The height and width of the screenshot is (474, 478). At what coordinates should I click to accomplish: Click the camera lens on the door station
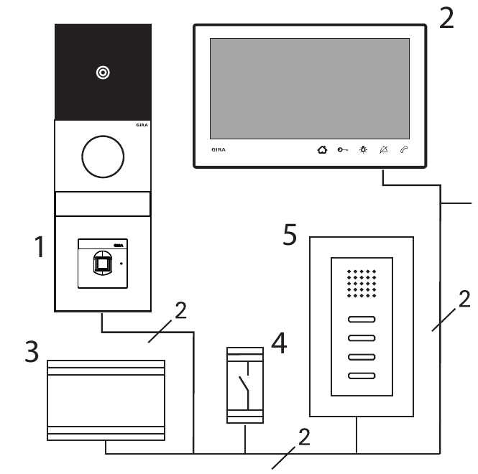pos(104,73)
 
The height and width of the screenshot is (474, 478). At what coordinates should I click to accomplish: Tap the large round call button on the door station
pos(103,155)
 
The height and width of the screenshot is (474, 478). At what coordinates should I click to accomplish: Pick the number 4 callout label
pos(279,344)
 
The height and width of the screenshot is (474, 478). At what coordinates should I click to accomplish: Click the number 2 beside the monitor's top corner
pos(446,17)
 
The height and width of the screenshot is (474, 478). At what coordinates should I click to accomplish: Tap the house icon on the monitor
pos(321,150)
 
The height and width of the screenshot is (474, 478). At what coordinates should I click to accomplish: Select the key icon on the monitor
pos(341,150)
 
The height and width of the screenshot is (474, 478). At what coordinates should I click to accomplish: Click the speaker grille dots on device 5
pos(362,284)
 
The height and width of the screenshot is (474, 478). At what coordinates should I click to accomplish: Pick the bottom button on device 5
pos(362,375)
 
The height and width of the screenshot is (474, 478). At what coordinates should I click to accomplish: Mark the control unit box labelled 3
pos(106,399)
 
